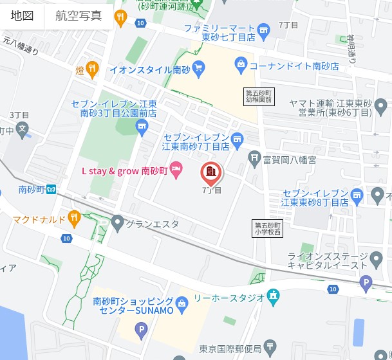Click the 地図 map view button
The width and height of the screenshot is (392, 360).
23,15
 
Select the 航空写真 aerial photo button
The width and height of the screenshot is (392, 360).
79,15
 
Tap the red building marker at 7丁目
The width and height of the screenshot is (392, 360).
210,172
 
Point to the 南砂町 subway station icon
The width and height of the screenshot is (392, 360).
51,190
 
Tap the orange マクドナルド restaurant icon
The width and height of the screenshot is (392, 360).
74,219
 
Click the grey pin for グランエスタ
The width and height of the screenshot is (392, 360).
117,224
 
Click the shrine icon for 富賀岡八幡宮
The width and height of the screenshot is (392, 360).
255,156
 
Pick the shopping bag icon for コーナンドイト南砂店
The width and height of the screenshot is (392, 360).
241,64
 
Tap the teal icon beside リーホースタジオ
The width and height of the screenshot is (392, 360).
273,297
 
